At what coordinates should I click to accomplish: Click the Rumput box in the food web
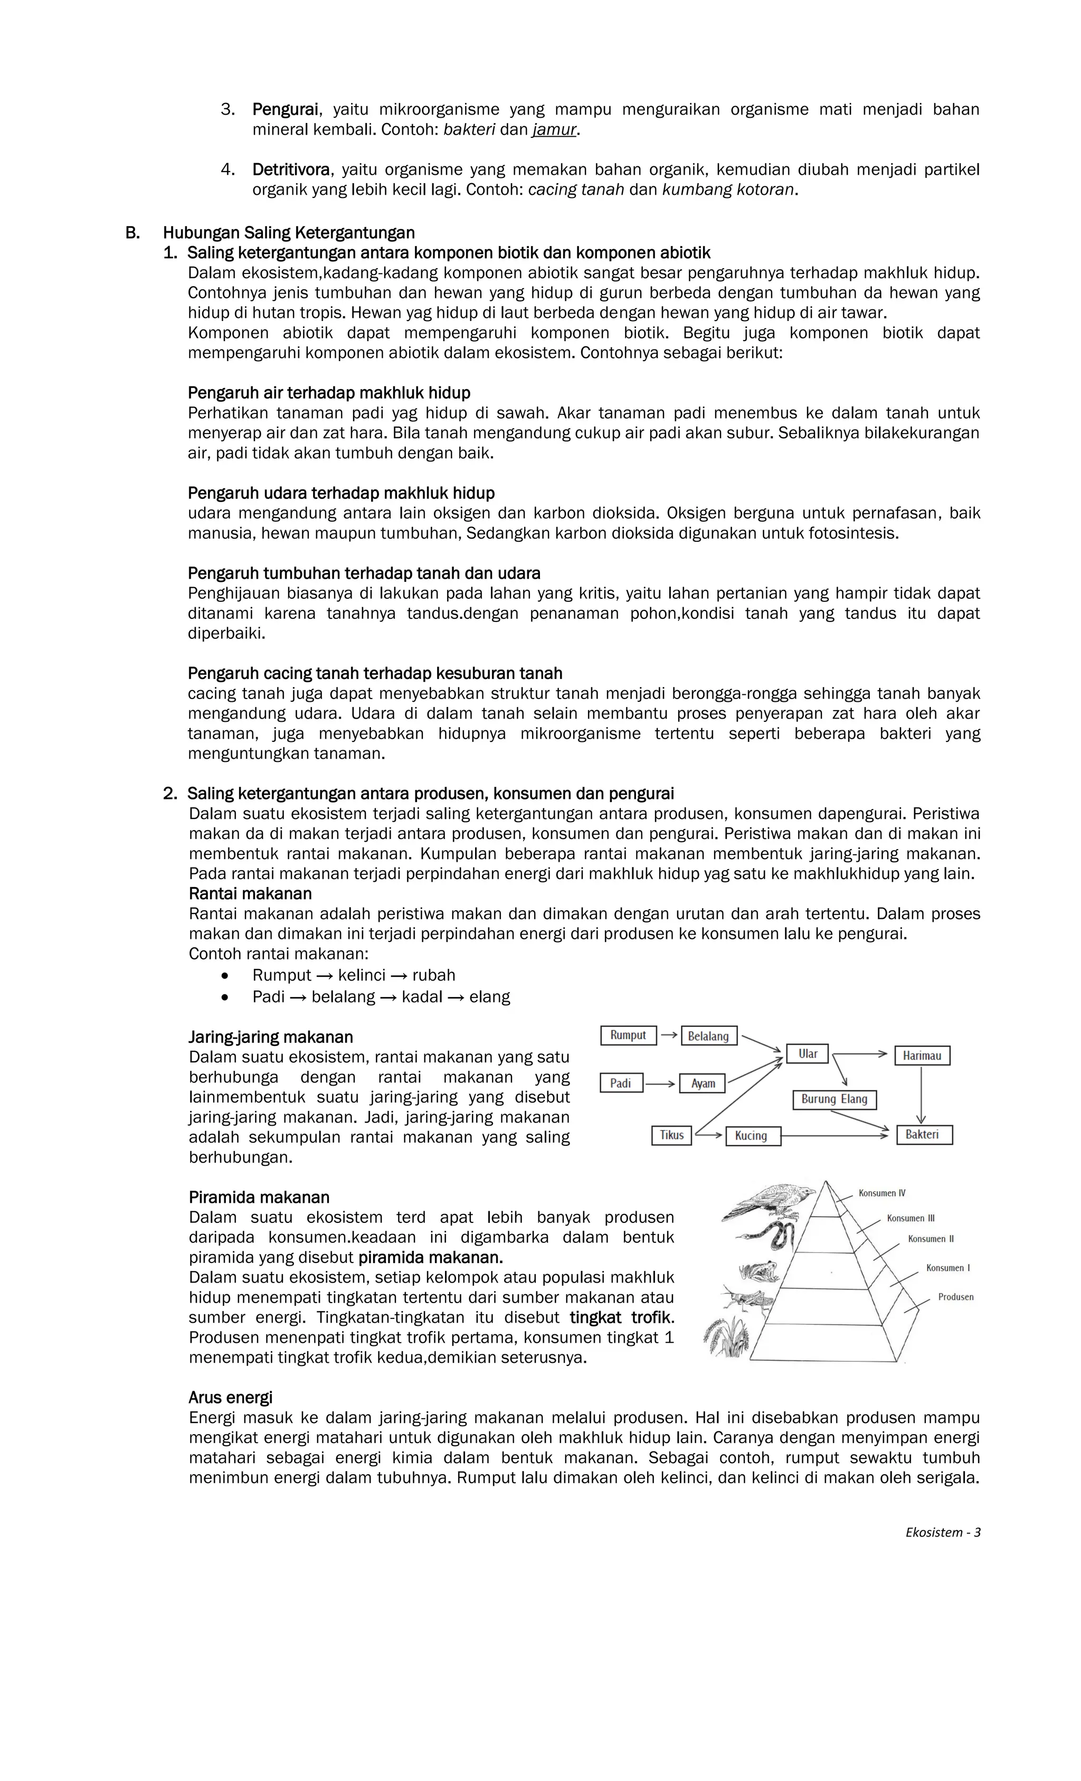click(628, 1035)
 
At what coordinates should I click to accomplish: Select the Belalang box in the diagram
click(708, 1036)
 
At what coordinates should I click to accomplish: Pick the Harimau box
click(922, 1056)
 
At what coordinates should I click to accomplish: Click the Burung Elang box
click(834, 1099)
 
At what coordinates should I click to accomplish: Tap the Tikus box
click(671, 1135)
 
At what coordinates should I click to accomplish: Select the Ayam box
click(703, 1083)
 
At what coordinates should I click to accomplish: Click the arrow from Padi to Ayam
click(660, 1083)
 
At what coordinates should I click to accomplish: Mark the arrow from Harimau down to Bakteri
click(921, 1095)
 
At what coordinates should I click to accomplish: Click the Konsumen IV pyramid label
click(881, 1193)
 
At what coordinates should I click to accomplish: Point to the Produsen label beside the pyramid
click(955, 1297)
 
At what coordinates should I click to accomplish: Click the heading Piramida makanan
click(259, 1197)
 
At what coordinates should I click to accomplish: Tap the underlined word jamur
click(554, 130)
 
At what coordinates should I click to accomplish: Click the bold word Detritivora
click(290, 170)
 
